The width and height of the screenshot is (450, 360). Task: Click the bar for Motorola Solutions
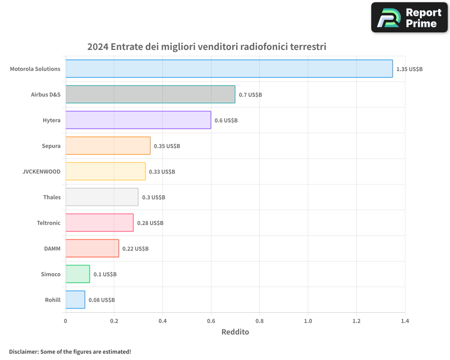[229, 69]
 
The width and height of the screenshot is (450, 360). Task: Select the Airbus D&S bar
[150, 94]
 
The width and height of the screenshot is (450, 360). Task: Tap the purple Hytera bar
[138, 120]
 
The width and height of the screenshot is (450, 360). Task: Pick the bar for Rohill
[75, 300]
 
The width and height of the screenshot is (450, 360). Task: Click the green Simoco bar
[78, 274]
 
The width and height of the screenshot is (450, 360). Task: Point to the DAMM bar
[92, 248]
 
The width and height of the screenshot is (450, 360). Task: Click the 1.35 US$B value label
[409, 69]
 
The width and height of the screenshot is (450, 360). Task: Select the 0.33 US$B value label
[162, 172]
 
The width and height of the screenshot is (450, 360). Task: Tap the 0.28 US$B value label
[150, 223]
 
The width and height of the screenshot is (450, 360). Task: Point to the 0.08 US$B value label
[102, 300]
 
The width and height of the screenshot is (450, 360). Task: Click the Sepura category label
[51, 146]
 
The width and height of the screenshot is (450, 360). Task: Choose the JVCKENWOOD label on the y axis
[41, 171]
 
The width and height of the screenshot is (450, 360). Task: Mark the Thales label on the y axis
[52, 197]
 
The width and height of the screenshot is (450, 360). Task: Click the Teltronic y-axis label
[49, 223]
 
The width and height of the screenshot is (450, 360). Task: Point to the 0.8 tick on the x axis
[260, 321]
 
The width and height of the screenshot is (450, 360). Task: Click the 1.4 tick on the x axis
[405, 321]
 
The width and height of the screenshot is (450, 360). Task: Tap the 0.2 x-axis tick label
[114, 321]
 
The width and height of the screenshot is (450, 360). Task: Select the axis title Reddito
[235, 332]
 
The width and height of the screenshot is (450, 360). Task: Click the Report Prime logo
[409, 18]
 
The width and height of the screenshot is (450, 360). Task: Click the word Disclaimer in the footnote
[23, 351]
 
